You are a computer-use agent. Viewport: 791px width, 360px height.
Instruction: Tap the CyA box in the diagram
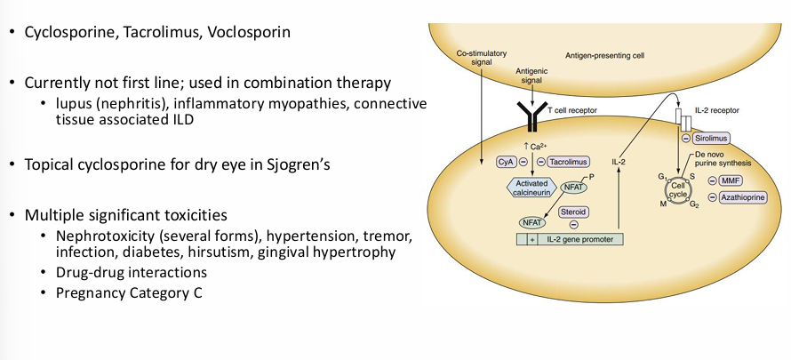point(503,162)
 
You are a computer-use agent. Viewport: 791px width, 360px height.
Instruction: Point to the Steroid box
point(572,212)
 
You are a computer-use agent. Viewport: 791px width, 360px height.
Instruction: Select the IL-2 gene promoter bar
point(570,239)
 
